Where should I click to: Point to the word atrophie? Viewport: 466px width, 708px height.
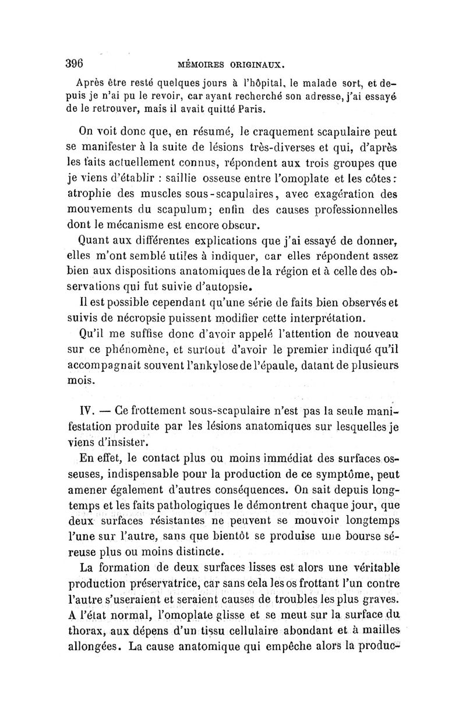[101, 192]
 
